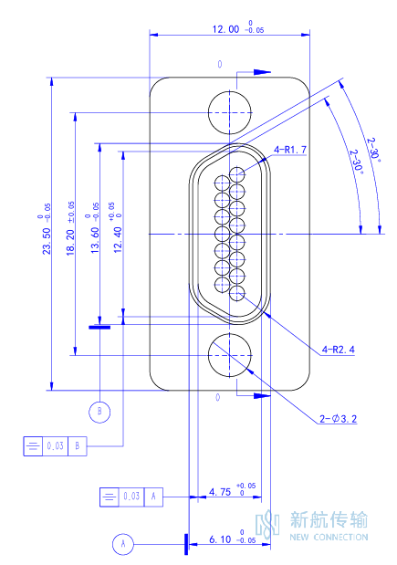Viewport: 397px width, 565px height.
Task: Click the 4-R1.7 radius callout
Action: (290, 150)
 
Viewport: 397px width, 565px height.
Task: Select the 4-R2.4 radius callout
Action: (338, 350)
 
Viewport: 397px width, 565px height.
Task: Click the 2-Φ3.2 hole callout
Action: (338, 419)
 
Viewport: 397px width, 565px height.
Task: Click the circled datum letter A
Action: (123, 544)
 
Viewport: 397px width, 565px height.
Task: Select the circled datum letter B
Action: (99, 412)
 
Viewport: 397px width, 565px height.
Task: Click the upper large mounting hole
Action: (229, 112)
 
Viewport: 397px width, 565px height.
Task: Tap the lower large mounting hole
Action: (229, 355)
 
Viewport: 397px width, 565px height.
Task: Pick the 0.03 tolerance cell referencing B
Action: (55, 446)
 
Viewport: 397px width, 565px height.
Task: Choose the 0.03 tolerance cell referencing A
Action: (131, 497)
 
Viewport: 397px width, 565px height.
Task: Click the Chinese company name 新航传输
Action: (329, 519)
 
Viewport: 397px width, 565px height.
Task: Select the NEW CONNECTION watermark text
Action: (329, 537)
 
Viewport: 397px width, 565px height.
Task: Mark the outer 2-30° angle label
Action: (373, 149)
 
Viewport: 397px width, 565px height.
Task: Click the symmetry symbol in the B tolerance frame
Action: (33, 446)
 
